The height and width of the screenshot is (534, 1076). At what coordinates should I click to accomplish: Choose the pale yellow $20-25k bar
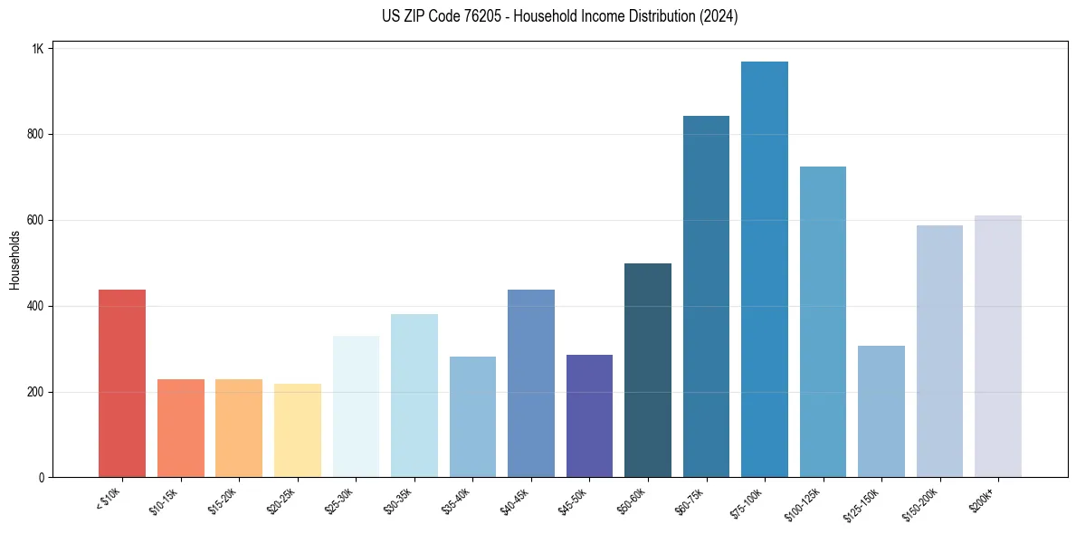tap(298, 430)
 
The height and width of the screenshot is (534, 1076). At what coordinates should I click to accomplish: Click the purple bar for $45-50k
tap(589, 415)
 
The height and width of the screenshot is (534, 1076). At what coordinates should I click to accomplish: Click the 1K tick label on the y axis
tap(38, 49)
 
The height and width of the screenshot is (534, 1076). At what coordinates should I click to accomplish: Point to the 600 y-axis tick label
tap(34, 220)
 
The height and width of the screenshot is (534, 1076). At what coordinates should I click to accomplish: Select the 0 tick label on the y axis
tap(41, 478)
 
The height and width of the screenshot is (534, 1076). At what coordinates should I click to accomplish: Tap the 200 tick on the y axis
tap(34, 392)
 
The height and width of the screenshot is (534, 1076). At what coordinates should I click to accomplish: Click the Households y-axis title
tap(15, 260)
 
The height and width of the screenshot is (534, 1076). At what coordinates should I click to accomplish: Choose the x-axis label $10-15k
tap(163, 501)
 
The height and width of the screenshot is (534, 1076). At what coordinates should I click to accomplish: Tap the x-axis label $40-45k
tap(513, 501)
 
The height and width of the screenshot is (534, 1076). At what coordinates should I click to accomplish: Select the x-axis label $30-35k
tap(396, 501)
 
